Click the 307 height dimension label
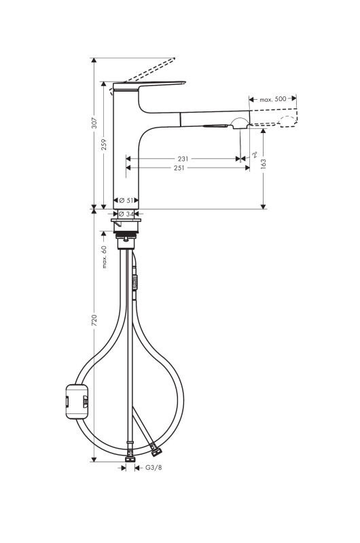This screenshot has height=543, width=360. click(x=94, y=124)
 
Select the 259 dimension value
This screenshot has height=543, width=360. click(x=104, y=145)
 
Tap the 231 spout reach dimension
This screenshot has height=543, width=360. click(x=183, y=159)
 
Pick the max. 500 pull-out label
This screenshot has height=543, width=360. click(x=273, y=99)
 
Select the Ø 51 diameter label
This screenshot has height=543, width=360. click(x=126, y=200)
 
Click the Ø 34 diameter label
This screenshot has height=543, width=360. click(x=126, y=214)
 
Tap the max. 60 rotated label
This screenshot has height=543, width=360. click(x=104, y=257)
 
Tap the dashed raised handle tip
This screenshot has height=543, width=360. click(x=173, y=60)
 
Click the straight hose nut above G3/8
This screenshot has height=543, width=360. click(x=130, y=459)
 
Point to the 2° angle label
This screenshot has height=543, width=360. click(x=255, y=154)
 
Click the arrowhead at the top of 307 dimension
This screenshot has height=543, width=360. click(x=93, y=60)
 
